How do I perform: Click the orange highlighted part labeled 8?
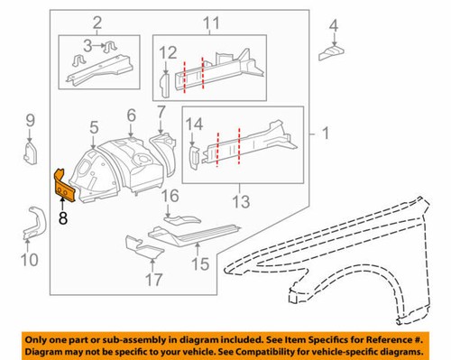(62, 186)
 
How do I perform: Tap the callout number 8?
(62, 217)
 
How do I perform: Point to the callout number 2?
(98, 21)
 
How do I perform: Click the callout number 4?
(334, 24)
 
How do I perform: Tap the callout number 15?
(198, 265)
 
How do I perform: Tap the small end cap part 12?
(165, 85)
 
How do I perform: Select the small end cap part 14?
(193, 158)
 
